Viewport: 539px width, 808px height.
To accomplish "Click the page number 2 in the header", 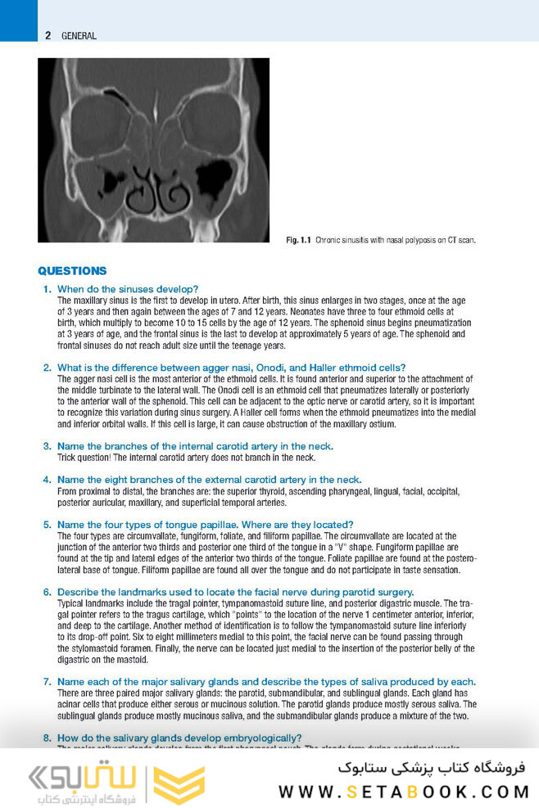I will point(48,35).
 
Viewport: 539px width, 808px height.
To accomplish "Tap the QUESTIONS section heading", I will point(72,271).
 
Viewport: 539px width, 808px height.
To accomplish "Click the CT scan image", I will point(153,151).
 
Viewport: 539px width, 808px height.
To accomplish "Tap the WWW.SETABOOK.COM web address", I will point(404,792).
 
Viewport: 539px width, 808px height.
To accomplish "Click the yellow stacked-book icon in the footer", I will point(179,784).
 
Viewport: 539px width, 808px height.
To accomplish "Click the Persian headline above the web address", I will point(433,768).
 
